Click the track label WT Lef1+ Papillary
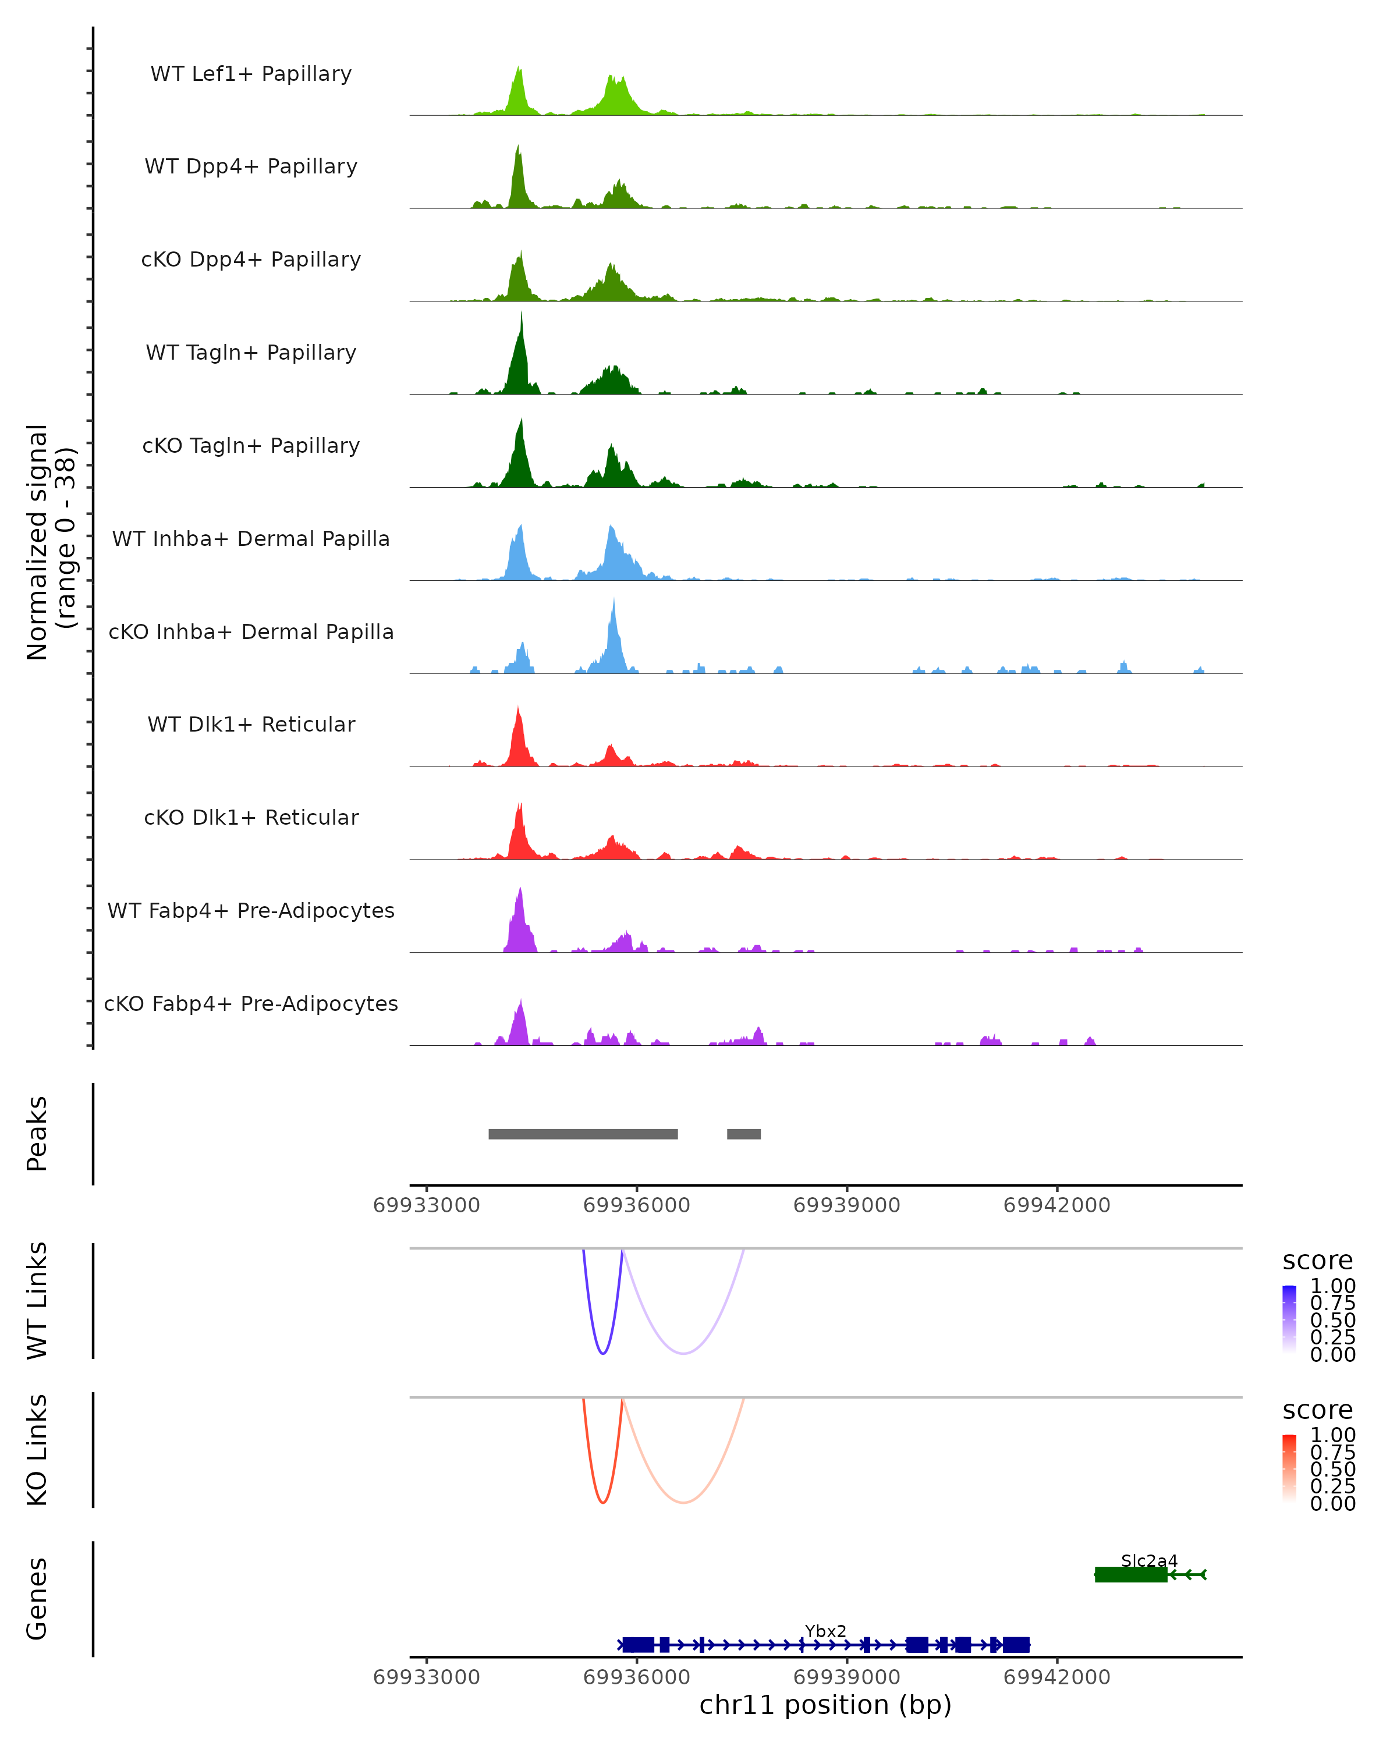click(x=251, y=74)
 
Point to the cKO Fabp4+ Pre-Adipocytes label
click(x=251, y=1003)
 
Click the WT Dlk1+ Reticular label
click(x=251, y=724)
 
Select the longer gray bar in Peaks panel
click(x=583, y=1134)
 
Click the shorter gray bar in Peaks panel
click(x=743, y=1134)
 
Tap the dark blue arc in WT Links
click(x=602, y=1353)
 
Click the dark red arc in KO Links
click(x=602, y=1502)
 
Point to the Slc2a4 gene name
click(x=1149, y=1560)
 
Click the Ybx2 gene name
click(x=825, y=1631)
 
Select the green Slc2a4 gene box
click(x=1130, y=1574)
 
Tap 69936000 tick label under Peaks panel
click(x=637, y=1205)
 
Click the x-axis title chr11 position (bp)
click(x=825, y=1705)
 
